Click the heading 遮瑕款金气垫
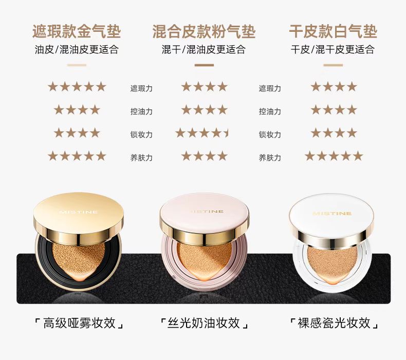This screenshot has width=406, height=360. coord(77,31)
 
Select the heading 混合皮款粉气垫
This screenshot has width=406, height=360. coord(204,31)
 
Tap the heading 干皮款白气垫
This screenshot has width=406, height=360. coord(333,31)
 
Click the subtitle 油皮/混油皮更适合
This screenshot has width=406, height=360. coord(77,49)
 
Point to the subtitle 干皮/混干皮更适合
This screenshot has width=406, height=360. coord(333,49)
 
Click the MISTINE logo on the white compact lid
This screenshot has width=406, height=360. coord(332,214)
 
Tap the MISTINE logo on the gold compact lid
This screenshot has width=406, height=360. coord(79,212)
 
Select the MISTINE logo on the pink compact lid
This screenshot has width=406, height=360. coord(207,212)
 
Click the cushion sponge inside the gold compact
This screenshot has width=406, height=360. coord(79,260)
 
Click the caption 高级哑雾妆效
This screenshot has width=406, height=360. coord(79,323)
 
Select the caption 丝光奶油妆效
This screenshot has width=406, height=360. coord(204,323)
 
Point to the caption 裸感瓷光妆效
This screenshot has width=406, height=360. coord(334,323)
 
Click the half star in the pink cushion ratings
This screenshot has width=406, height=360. coord(226,134)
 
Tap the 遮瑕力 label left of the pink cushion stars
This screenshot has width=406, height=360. coord(141,88)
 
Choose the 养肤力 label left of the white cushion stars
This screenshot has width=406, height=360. coord(270,158)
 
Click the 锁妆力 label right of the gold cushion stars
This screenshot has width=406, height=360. coord(141,135)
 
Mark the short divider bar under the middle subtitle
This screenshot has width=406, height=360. coord(204,65)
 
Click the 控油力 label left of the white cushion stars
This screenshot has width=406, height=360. coord(270,111)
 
